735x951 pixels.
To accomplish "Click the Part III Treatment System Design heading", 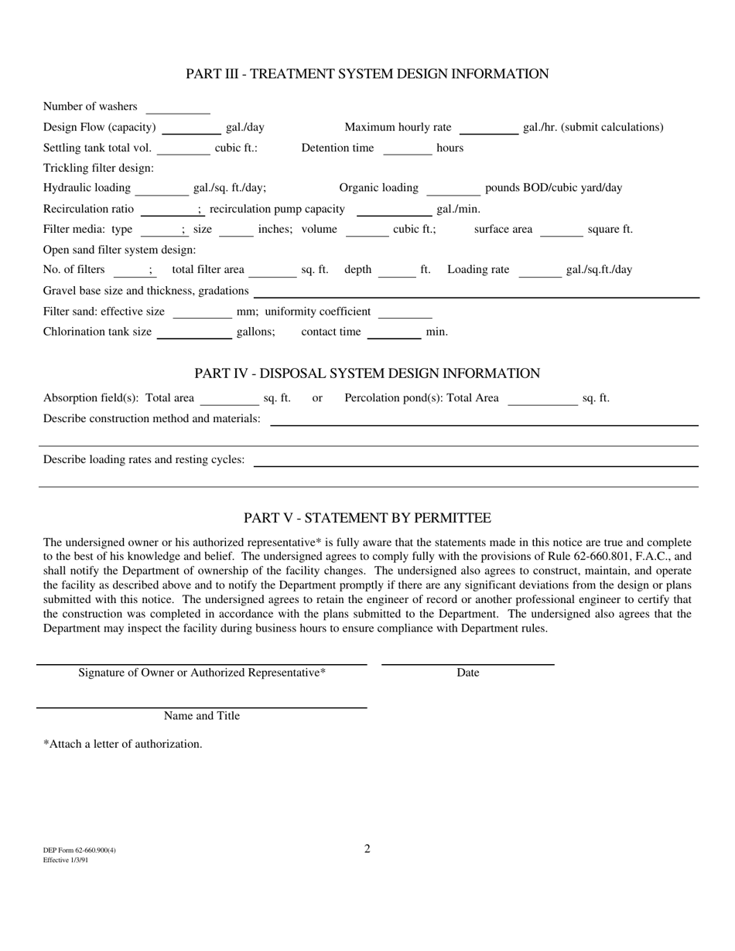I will (367, 74).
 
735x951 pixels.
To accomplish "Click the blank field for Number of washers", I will (178, 107).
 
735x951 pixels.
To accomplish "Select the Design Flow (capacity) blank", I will (192, 128).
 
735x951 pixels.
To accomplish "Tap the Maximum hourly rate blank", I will (488, 128).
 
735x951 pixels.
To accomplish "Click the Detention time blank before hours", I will (408, 149).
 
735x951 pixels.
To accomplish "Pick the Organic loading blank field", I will (453, 189).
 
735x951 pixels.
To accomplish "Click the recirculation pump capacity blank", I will (394, 210).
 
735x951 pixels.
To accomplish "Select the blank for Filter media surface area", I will (561, 230).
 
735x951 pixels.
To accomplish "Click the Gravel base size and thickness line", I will (476, 292).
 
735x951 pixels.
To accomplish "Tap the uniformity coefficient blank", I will (405, 312).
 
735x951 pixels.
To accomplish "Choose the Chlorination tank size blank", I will (193, 333).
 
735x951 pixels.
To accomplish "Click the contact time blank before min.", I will (394, 333).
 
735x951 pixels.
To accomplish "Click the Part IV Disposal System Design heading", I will (367, 373).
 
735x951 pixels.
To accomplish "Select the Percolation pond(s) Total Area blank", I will (542, 400).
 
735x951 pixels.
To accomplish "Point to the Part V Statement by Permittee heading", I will (367, 518).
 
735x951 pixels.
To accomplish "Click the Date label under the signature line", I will (467, 673).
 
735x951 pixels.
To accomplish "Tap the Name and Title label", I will (201, 716).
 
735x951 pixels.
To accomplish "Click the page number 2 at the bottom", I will (367, 849).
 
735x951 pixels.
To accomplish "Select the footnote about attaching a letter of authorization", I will (122, 744).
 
